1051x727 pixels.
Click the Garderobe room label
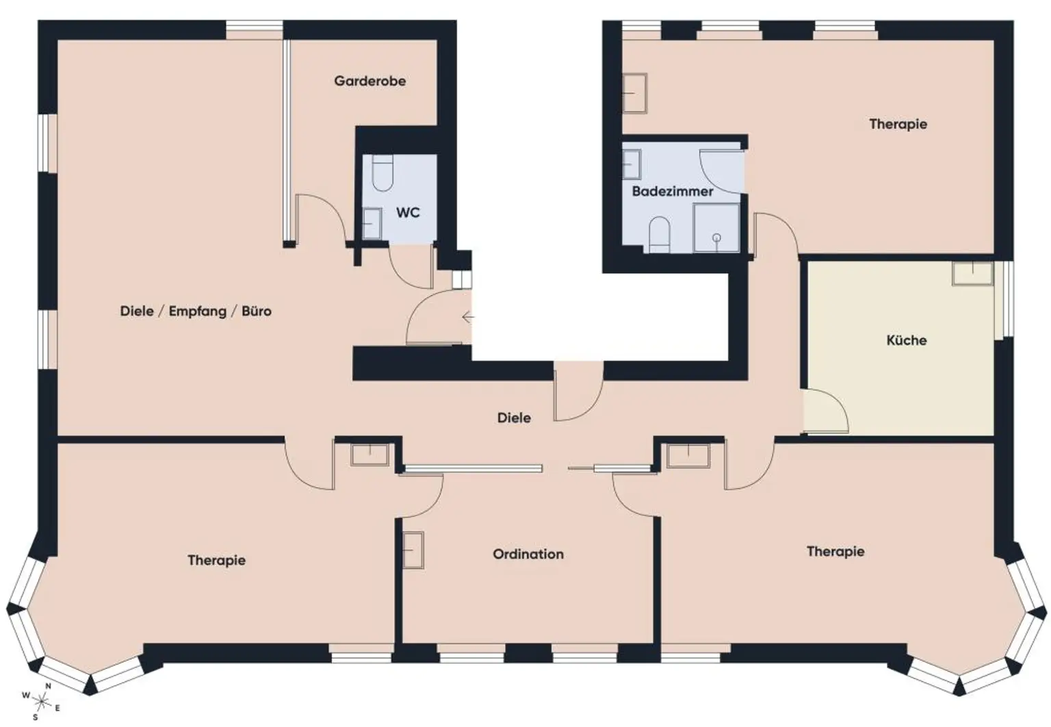[369, 81]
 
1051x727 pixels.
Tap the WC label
[408, 213]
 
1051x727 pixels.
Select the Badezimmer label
[673, 192]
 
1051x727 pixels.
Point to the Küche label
[907, 340]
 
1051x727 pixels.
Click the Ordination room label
[528, 554]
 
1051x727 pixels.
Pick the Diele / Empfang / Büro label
[196, 311]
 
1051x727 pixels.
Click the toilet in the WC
[382, 174]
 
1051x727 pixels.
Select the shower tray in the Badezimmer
[716, 227]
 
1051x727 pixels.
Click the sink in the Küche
[972, 274]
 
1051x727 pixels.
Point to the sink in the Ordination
[413, 550]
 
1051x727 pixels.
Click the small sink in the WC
[372, 224]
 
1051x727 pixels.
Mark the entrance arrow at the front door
[468, 317]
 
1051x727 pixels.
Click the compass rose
[41, 702]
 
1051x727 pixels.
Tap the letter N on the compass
[48, 686]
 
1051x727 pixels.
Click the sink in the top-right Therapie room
[634, 93]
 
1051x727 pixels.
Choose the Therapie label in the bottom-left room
[216, 561]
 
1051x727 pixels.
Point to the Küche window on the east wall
[1006, 299]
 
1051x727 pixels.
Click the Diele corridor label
[515, 418]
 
